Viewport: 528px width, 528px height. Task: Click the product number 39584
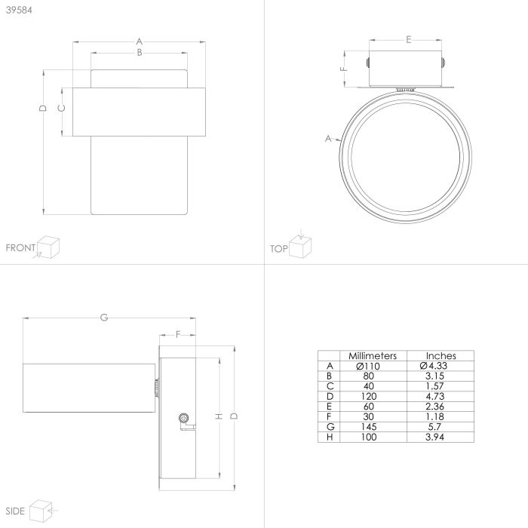click(19, 10)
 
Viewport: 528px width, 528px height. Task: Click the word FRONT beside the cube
click(20, 248)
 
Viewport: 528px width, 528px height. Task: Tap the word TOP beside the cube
click(279, 249)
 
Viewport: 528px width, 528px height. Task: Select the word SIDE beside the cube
click(15, 511)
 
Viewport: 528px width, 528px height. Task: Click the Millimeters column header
click(373, 355)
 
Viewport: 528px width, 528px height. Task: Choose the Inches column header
click(441, 355)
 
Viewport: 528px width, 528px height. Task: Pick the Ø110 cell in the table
click(368, 366)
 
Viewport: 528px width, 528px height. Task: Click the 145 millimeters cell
click(368, 427)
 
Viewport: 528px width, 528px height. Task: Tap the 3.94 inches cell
click(434, 437)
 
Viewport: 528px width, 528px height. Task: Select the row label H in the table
click(330, 437)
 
